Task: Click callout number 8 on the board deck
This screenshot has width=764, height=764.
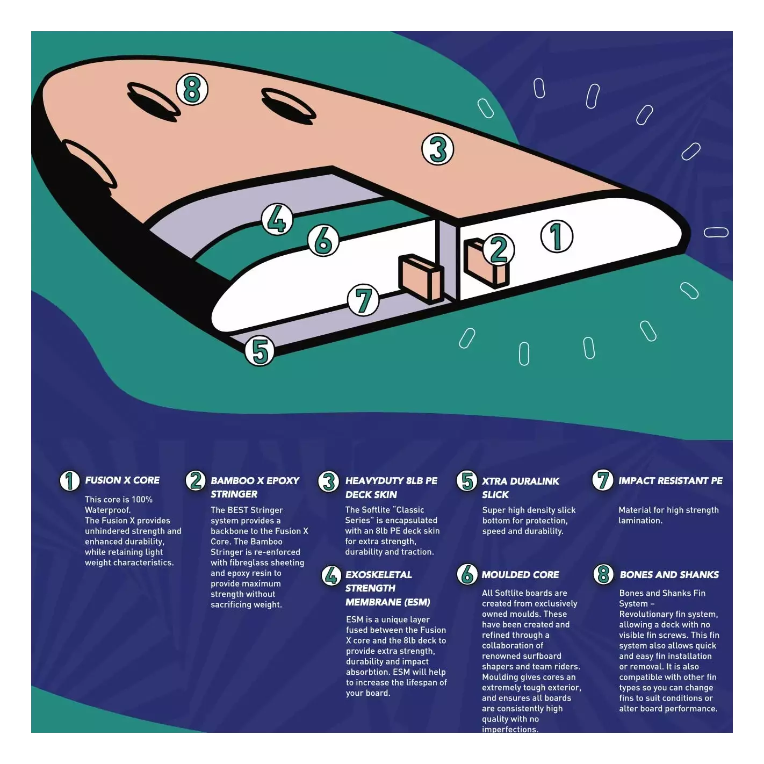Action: coord(192,90)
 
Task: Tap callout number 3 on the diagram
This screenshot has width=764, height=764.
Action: coord(437,149)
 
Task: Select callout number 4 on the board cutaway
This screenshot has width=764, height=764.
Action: coord(277,219)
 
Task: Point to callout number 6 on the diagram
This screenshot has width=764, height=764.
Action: coord(323,240)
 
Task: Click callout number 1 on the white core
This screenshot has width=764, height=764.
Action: coord(557,236)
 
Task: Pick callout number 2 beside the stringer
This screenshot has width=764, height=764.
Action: coord(499,249)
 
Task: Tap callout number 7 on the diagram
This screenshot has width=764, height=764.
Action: coord(363,300)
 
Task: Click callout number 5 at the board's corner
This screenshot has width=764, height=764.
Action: coord(260,351)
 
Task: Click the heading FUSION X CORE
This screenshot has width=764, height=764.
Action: coord(122,480)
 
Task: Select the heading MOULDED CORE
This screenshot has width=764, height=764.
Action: coord(520,574)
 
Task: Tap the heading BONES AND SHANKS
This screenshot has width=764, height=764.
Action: coord(669,574)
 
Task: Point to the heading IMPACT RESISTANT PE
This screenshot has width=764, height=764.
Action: coord(671,481)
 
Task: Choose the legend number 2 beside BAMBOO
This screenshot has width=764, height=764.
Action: coord(196,481)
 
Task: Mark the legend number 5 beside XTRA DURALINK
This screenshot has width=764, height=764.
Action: coord(467,481)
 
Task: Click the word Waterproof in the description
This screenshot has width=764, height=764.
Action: coord(107,510)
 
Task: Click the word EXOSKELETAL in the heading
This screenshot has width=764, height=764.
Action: coord(379,574)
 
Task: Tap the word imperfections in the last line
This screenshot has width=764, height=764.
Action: coord(510,729)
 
